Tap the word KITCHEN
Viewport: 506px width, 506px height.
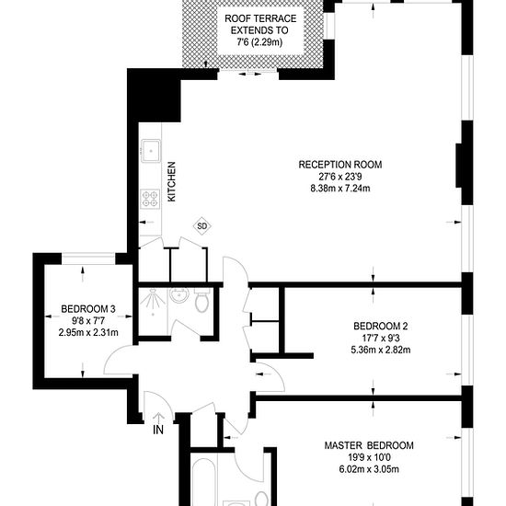171,182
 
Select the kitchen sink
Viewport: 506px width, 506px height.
151,151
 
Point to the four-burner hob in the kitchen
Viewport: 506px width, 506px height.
149,198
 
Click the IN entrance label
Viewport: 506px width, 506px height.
159,429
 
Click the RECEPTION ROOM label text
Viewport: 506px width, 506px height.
339,165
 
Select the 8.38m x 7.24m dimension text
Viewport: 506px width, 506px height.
339,189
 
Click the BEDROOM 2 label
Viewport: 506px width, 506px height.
380,326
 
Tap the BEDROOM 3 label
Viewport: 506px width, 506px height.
88,308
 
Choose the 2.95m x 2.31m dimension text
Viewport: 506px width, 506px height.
88,332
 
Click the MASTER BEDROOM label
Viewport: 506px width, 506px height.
369,445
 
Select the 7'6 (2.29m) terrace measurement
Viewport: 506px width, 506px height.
259,41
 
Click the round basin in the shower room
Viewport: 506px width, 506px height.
179,296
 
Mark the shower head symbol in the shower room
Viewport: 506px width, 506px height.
153,294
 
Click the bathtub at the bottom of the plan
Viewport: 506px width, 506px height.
206,483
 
